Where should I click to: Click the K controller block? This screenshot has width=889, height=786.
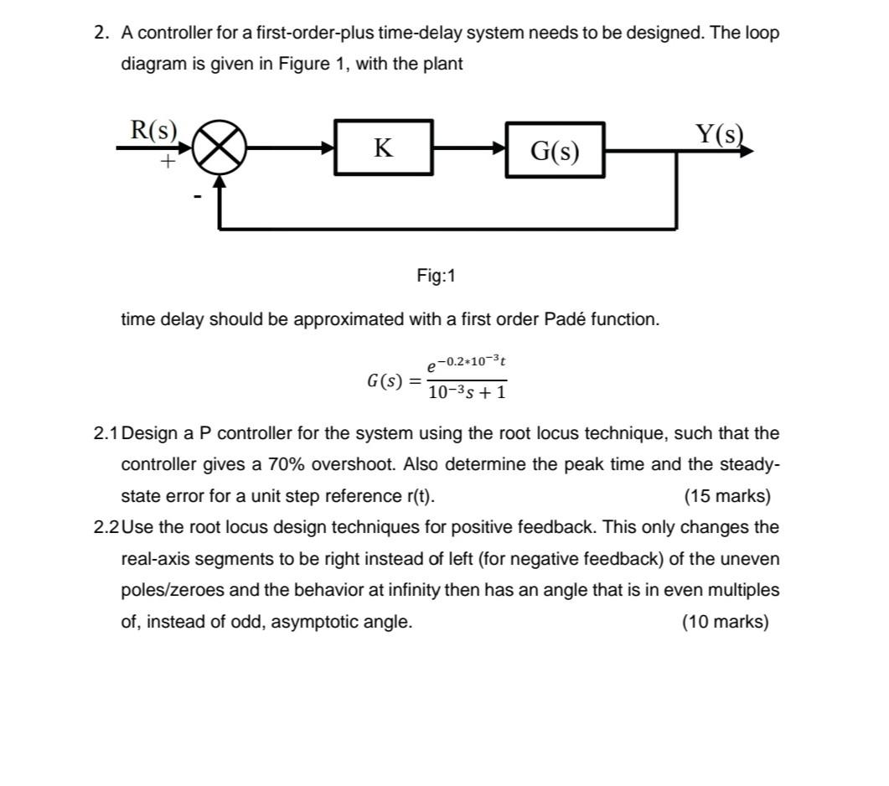[x=384, y=148]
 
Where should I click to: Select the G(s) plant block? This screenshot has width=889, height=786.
[x=555, y=152]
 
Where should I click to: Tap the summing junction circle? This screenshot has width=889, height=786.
[x=220, y=150]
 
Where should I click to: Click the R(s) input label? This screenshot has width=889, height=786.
[x=154, y=131]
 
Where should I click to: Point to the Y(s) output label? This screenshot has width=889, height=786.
[x=719, y=134]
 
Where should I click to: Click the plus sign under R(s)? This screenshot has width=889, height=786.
[x=168, y=161]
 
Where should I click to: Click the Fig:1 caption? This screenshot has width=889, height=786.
[x=436, y=276]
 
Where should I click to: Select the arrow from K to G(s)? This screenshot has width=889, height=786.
[x=469, y=149]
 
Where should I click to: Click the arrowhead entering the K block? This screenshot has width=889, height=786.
[x=328, y=149]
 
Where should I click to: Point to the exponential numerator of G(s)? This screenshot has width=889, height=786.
[x=467, y=365]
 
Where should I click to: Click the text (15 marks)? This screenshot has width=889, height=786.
[x=726, y=496]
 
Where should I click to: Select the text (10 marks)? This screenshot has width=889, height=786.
[x=726, y=622]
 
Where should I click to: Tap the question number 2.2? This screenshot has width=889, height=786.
[x=106, y=528]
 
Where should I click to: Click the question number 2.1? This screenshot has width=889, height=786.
[x=106, y=434]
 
